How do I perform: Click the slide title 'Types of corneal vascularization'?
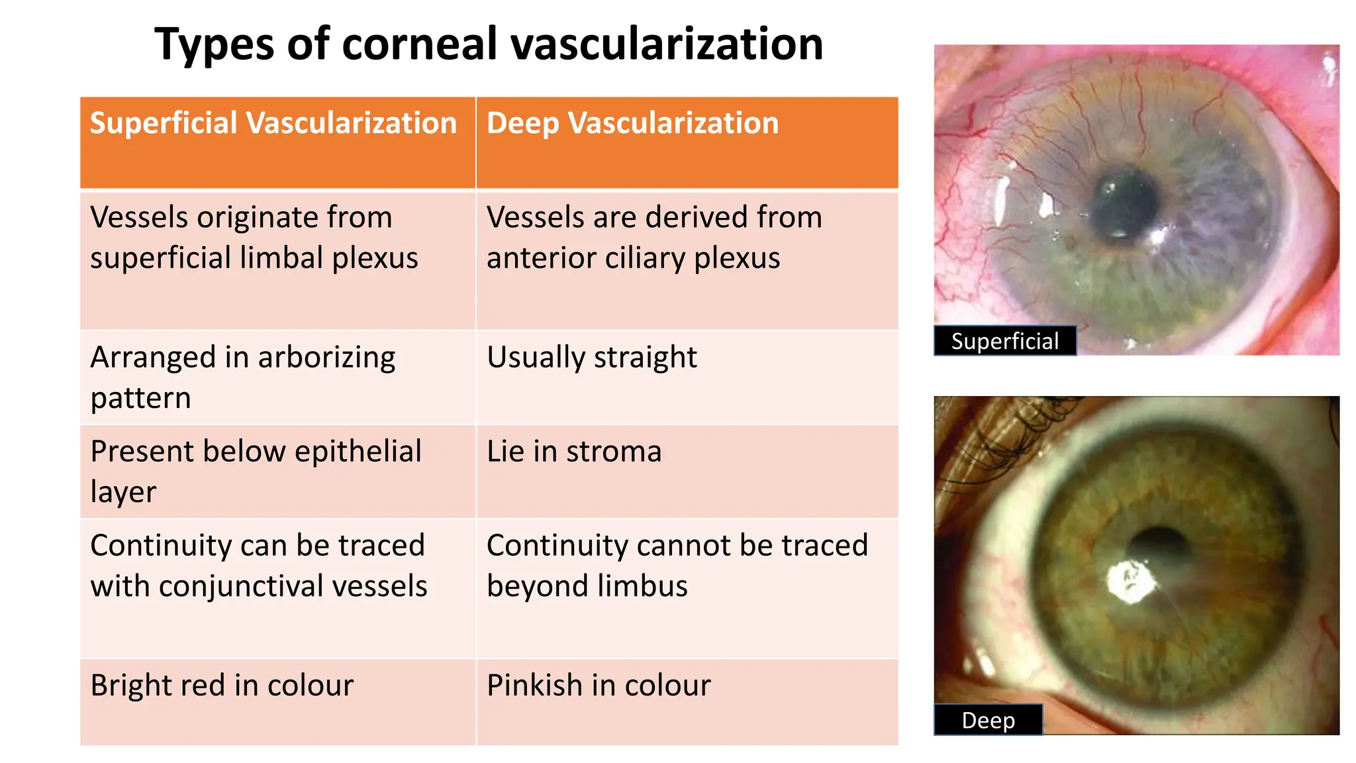point(489,44)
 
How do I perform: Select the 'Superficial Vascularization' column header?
point(273,123)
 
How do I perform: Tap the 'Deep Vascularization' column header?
point(632,123)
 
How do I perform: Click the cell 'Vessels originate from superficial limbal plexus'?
point(254,237)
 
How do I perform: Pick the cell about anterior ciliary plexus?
point(654,237)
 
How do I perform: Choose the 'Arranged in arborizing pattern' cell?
point(242,377)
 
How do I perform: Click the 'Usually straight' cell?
point(591,358)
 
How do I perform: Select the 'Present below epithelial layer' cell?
point(256,471)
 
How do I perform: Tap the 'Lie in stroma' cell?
point(573,452)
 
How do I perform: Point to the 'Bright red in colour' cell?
point(222,686)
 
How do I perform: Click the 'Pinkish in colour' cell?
point(599,686)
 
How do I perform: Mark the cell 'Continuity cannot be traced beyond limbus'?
point(677,565)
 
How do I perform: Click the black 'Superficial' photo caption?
point(1004,341)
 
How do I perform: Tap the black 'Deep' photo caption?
point(988,720)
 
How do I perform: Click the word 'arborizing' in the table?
point(326,358)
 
